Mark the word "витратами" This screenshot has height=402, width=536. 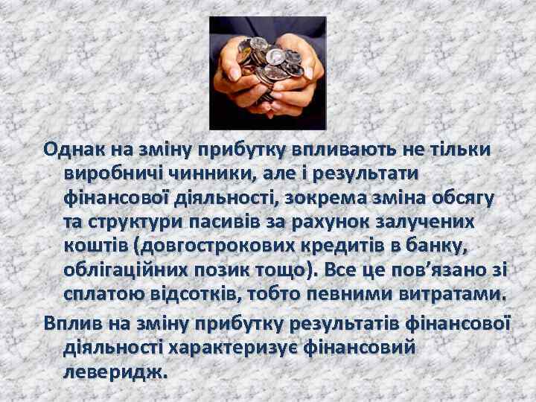tap(447, 294)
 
